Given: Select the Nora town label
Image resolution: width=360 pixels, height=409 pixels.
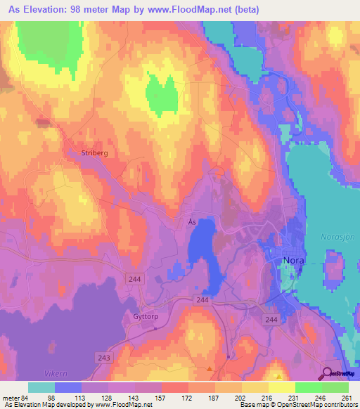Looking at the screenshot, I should coord(293,259).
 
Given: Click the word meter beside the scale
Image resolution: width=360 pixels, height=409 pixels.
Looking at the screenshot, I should coord(12,397).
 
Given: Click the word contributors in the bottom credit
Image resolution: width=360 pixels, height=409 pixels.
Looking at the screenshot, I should coord(339,405).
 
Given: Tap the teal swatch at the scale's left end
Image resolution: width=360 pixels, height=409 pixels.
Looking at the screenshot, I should coord(41,387).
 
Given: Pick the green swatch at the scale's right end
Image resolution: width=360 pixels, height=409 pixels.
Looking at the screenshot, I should coord(335,387).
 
